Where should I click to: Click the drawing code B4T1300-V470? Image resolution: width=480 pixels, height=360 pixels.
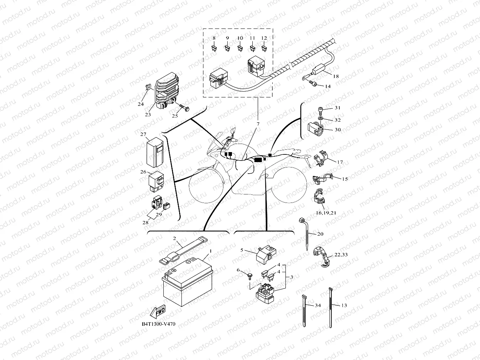(x=158, y=324)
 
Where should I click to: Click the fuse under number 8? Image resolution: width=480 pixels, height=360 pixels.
(x=214, y=48)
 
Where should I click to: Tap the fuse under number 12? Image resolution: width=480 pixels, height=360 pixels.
(x=264, y=48)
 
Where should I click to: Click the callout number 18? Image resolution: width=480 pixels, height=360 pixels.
(x=336, y=76)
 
